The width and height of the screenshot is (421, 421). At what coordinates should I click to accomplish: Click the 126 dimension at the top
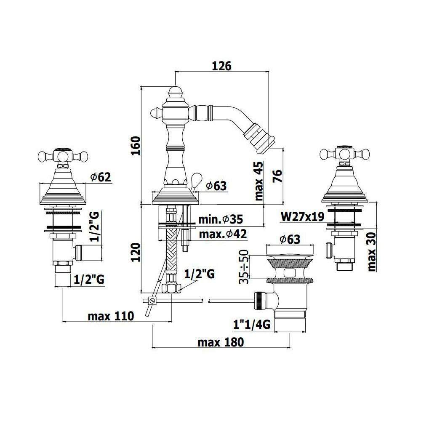(x=221, y=66)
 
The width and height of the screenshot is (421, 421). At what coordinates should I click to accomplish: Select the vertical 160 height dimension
(x=136, y=146)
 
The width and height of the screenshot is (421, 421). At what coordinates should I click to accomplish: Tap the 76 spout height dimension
(x=277, y=176)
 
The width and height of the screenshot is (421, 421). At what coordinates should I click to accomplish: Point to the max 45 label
(x=259, y=181)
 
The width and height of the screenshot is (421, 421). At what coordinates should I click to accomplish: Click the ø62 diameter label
(x=101, y=177)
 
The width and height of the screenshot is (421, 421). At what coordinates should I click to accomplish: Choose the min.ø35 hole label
(x=221, y=219)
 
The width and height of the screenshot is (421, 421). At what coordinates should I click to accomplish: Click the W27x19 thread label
(x=303, y=217)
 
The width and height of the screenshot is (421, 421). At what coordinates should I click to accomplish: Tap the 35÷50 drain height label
(x=244, y=266)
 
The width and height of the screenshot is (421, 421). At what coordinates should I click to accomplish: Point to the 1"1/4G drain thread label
(x=252, y=325)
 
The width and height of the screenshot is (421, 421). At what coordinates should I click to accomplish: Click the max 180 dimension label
(x=221, y=343)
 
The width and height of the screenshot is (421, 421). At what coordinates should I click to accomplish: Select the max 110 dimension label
(x=111, y=316)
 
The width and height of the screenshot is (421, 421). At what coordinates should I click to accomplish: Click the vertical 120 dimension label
(x=136, y=252)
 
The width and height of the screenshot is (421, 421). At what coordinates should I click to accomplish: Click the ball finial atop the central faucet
(x=176, y=90)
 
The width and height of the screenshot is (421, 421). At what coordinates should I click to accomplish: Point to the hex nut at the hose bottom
(x=171, y=288)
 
